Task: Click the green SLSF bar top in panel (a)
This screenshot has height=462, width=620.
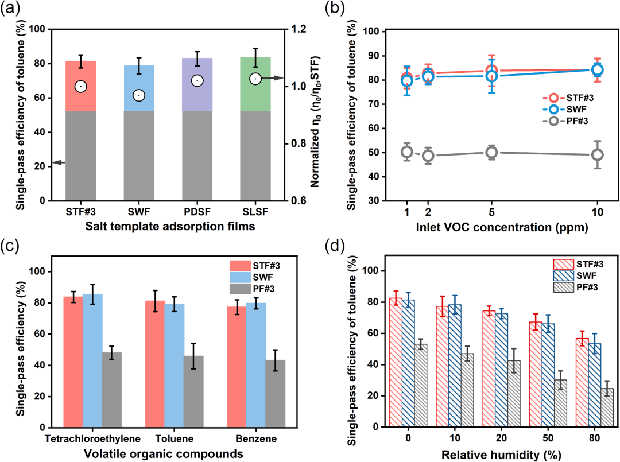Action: point(255,84)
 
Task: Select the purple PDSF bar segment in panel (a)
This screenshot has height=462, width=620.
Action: point(197,84)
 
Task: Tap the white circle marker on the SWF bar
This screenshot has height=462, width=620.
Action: point(139,95)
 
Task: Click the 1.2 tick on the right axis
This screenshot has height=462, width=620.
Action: point(299,29)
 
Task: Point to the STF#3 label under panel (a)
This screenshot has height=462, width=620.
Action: point(81,212)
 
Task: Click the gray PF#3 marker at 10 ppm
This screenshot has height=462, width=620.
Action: point(598,154)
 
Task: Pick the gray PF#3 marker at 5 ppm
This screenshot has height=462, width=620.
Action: point(491,152)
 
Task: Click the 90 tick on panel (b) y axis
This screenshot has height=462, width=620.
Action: point(374,56)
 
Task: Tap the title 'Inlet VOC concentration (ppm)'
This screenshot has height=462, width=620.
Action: point(502,227)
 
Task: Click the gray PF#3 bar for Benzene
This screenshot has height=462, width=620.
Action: point(275,394)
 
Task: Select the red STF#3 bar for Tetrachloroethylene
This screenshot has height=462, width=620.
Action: point(73,362)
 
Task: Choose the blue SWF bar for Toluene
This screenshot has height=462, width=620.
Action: point(175,366)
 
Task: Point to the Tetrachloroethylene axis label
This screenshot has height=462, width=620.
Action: point(92,438)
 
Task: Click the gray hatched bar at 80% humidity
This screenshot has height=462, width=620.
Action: point(607,407)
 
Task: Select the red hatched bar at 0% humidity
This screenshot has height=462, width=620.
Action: point(396,362)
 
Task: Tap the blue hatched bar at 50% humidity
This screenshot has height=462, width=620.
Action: point(548,375)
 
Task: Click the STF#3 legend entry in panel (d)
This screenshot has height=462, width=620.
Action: point(579,264)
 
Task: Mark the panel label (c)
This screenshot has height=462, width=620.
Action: point(10,246)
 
